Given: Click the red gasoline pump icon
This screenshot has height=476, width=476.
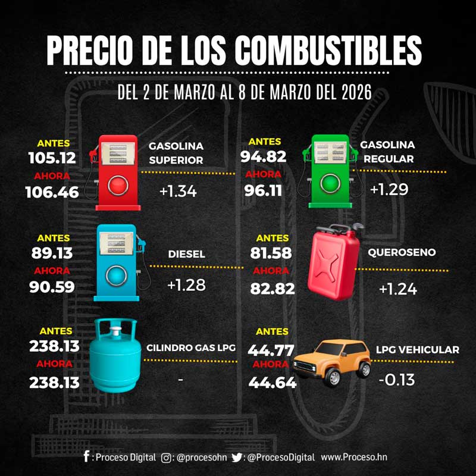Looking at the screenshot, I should click(118, 173).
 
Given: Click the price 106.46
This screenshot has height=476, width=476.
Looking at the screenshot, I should click(52, 192).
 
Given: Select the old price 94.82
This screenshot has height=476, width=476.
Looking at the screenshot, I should click(264, 157).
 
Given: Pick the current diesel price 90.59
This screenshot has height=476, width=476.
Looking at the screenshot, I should click(52, 287).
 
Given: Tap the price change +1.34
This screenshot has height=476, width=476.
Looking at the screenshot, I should click(178, 192).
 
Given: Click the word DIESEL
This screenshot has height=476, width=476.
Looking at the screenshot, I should click(186, 254).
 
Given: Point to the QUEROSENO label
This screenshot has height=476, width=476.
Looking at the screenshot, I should click(401, 252).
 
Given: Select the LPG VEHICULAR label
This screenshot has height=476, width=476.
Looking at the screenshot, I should click(417, 350).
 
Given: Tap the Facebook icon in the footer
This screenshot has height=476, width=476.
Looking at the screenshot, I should click(87, 457).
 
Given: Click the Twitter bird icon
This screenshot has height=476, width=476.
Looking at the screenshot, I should click(237, 457).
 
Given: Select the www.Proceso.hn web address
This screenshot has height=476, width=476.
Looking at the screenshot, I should click(354, 457).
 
